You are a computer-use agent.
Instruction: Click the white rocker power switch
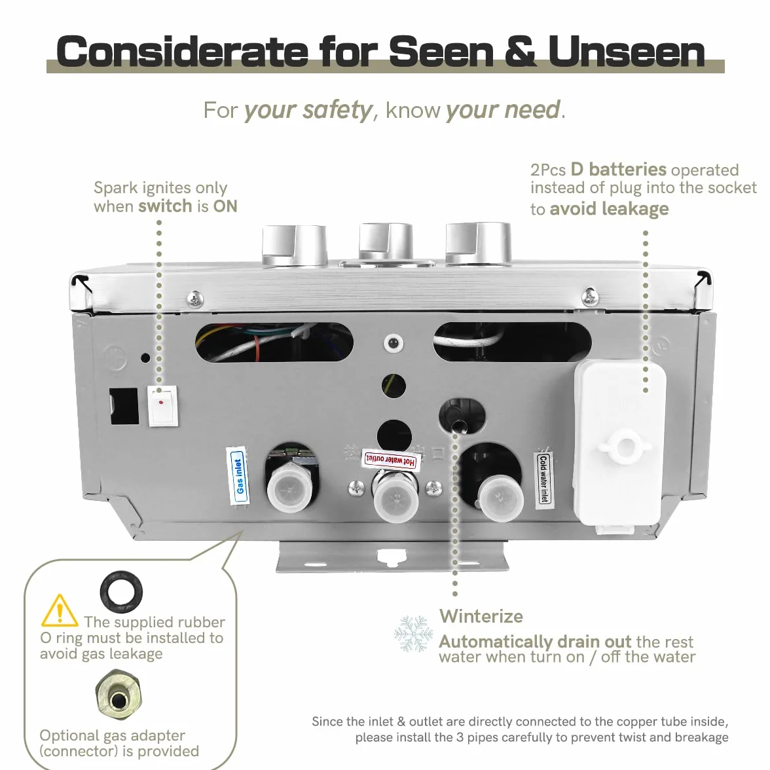(162, 406)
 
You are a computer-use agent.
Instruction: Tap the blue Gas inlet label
(238, 476)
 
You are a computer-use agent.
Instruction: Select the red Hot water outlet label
(391, 460)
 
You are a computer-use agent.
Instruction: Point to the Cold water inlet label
(543, 479)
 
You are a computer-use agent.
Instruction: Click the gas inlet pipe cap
(289, 488)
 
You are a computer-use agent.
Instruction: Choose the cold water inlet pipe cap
(500, 498)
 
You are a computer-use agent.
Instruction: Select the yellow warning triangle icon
(60, 611)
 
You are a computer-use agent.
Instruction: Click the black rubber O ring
(121, 592)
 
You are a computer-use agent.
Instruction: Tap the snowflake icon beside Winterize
(414, 633)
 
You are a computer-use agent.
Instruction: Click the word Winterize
(481, 616)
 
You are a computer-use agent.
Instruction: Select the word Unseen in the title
(627, 52)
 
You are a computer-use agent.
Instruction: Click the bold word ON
(225, 206)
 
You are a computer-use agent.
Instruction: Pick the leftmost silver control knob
(295, 246)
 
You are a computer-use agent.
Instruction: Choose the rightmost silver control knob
(478, 244)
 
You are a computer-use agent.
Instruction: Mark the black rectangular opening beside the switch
(124, 406)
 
